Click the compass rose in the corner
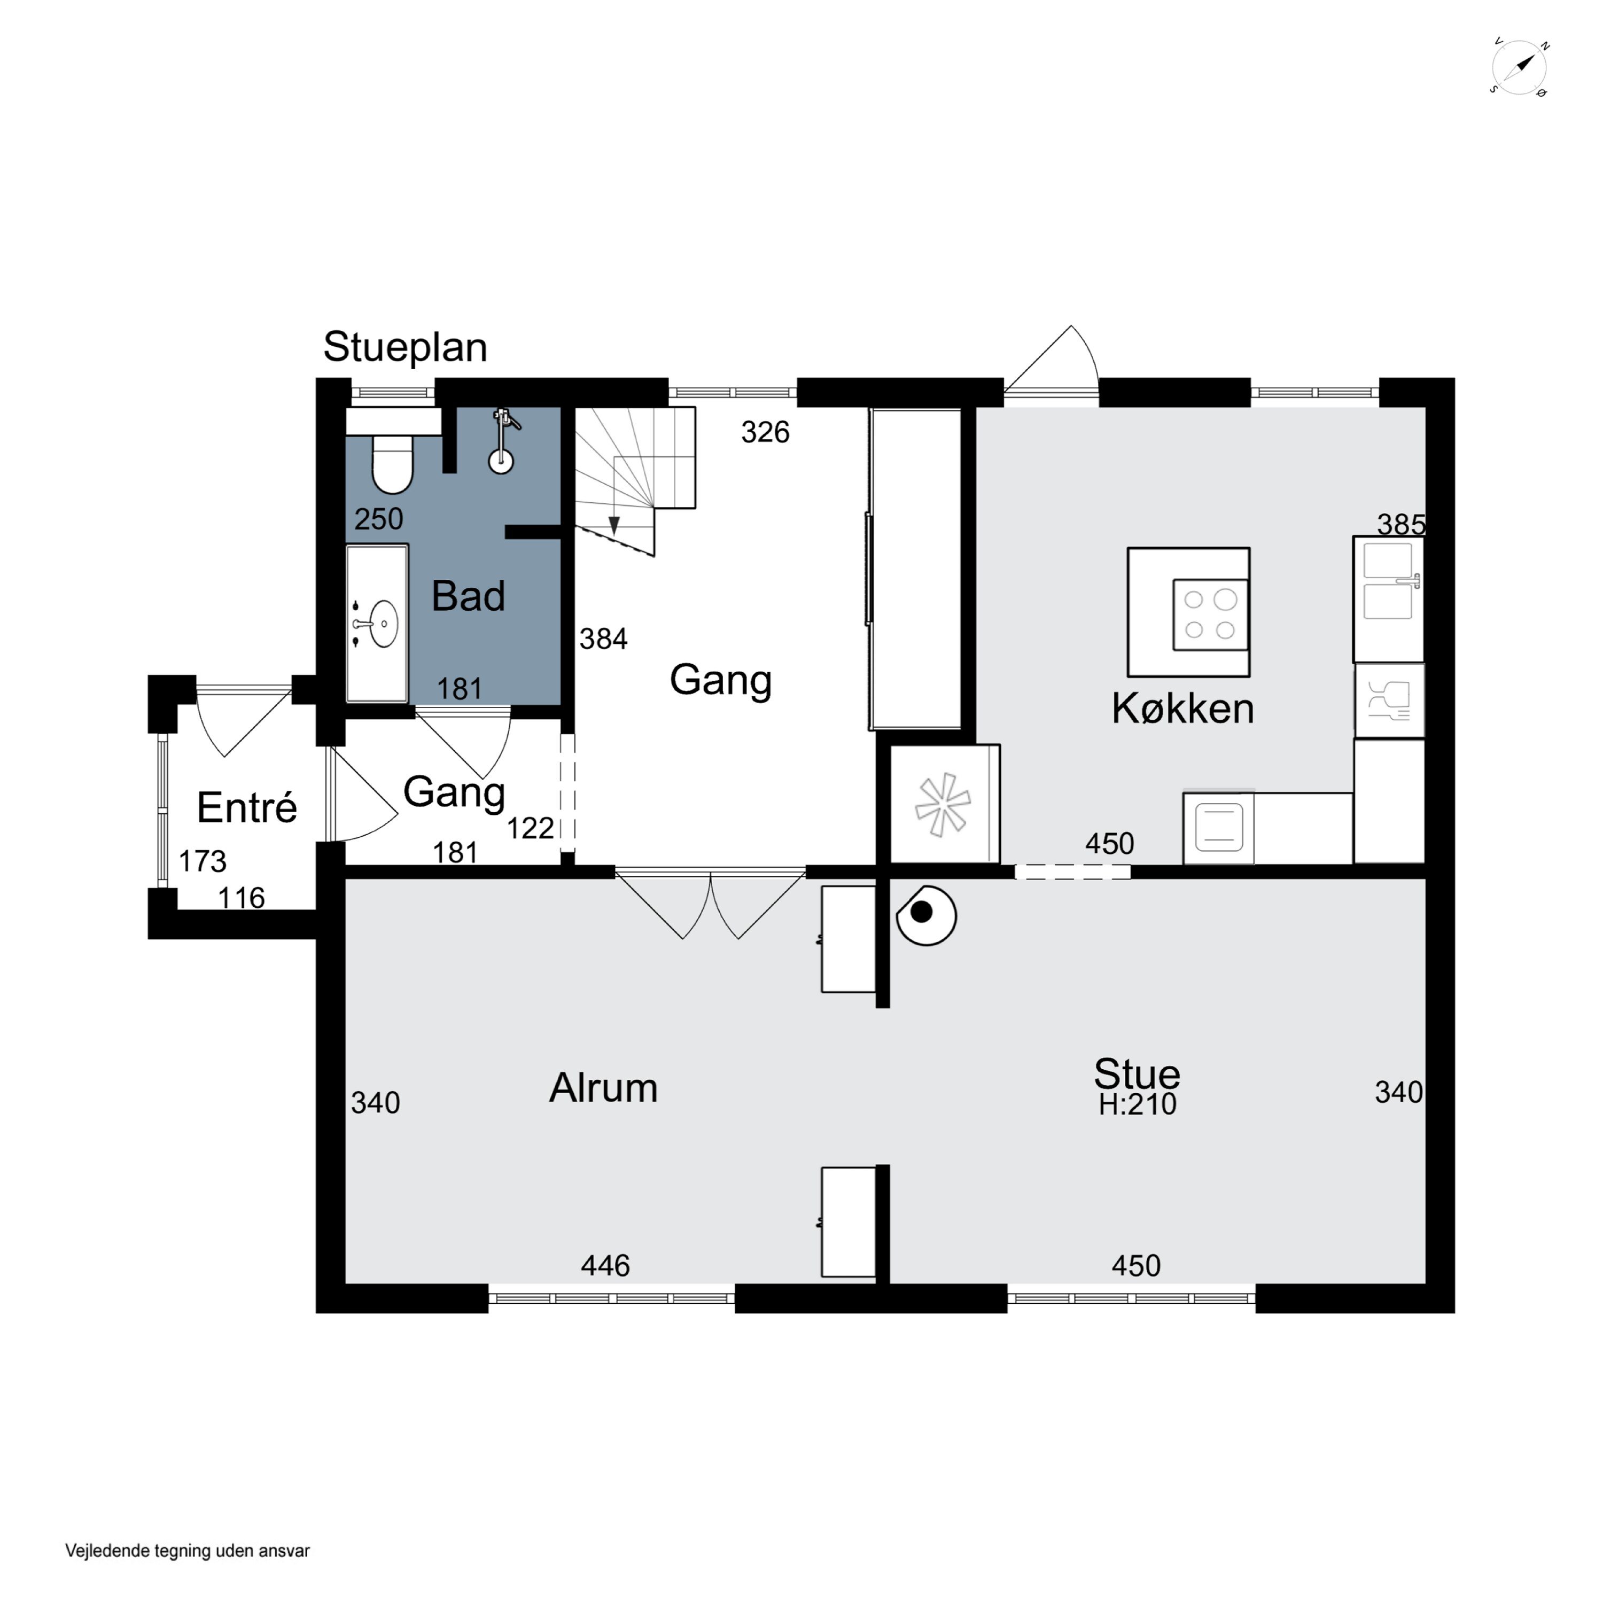tap(1520, 67)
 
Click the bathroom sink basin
tap(383, 624)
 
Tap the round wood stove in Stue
tap(927, 914)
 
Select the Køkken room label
tap(1182, 709)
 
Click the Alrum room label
tap(603, 1088)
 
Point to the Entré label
tap(246, 807)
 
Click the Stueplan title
tap(405, 347)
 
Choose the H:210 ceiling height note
tap(1138, 1104)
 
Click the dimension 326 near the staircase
tap(765, 432)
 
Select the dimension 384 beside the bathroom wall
tap(603, 639)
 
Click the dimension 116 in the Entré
tap(242, 898)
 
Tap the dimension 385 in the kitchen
tap(1400, 524)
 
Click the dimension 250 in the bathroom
tap(378, 519)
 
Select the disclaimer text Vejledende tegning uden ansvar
tap(188, 1551)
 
